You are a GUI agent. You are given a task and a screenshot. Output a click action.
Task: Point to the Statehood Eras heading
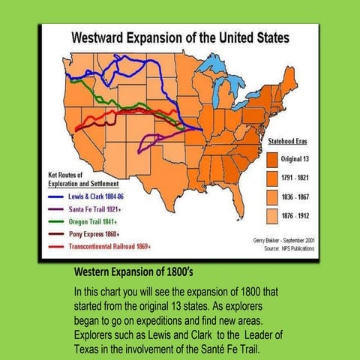coord(287,141)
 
